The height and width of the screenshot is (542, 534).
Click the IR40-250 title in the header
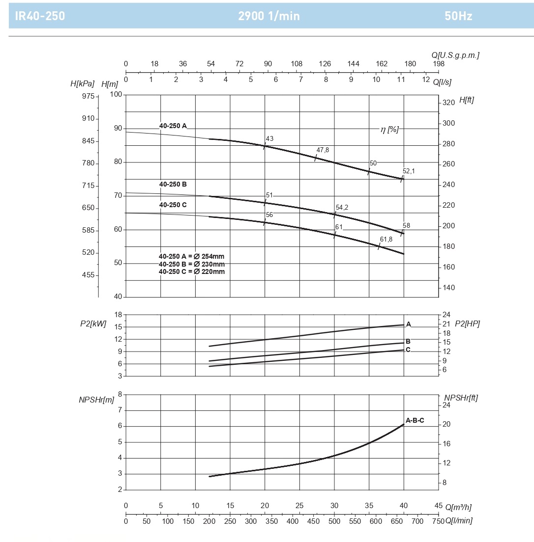tap(40, 16)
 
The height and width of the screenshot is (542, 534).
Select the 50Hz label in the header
tap(458, 16)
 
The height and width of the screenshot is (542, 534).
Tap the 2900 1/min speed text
tap(268, 16)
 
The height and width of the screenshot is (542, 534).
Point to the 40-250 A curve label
tap(173, 126)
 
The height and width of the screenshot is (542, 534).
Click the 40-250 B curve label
tap(173, 184)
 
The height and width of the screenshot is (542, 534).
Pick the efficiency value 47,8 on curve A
tap(323, 150)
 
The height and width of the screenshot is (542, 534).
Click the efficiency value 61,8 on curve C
tap(386, 239)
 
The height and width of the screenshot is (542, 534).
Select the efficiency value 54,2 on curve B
tap(342, 207)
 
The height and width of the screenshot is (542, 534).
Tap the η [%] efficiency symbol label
tap(389, 130)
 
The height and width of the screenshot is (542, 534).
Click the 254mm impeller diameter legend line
tap(192, 256)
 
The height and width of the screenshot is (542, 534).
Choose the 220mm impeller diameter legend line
tap(192, 271)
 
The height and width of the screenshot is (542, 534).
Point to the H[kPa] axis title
tap(82, 83)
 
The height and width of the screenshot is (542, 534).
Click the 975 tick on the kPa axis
tap(89, 96)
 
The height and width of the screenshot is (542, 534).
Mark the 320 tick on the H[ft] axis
tap(448, 103)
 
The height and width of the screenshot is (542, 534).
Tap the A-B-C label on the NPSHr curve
tap(415, 421)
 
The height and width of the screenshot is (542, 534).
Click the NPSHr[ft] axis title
tap(461, 398)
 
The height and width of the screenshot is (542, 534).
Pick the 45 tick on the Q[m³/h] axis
tap(439, 506)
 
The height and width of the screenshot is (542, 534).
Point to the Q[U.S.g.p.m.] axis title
tap(455, 55)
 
